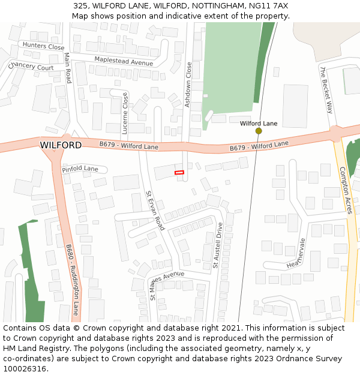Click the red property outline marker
point(179,173)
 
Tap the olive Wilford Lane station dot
point(259,131)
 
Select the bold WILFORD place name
point(61,145)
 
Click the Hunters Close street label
point(43,46)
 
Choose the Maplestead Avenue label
point(124,61)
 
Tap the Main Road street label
point(67,68)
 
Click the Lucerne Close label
point(125,113)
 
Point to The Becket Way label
point(326,90)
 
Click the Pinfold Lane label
point(80,169)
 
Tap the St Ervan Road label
point(155,211)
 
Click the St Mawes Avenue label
point(167,283)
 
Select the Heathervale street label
point(296,253)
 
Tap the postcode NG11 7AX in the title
point(268,5)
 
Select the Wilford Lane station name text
point(259,123)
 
